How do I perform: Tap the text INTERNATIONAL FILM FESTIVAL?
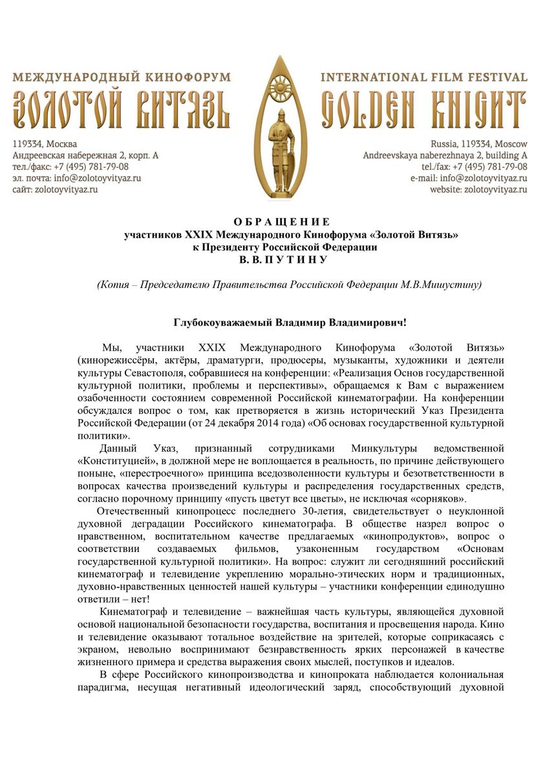click(x=424, y=77)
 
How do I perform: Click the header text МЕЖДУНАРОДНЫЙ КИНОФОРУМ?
click(x=122, y=77)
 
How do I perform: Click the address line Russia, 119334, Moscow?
click(x=479, y=143)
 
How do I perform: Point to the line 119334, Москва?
click(x=45, y=143)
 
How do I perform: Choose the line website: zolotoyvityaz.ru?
click(x=479, y=190)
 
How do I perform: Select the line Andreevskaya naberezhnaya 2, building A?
click(x=445, y=155)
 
